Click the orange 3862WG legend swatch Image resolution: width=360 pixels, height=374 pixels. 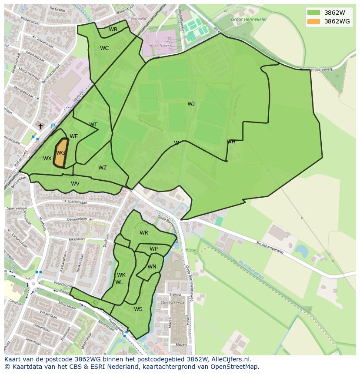pyautogui.click(x=313, y=21)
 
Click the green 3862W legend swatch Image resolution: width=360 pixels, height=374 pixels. pyautogui.click(x=313, y=12)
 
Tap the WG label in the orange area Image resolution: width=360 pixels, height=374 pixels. pyautogui.click(x=61, y=153)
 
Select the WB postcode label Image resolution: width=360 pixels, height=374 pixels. pyautogui.click(x=113, y=30)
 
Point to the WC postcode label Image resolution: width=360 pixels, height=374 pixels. pyautogui.click(x=104, y=48)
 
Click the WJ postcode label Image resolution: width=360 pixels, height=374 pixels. pyautogui.click(x=191, y=103)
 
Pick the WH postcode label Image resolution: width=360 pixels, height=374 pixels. pyautogui.click(x=231, y=142)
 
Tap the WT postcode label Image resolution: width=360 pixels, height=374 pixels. pyautogui.click(x=93, y=125)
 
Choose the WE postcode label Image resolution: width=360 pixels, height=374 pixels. pyautogui.click(x=74, y=136)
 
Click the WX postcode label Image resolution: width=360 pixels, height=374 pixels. pyautogui.click(x=47, y=159)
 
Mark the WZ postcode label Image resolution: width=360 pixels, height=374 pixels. pyautogui.click(x=103, y=168)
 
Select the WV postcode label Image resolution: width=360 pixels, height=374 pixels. pyautogui.click(x=75, y=184)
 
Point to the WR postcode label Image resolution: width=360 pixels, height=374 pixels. pyautogui.click(x=144, y=233)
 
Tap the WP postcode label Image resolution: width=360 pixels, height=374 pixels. pyautogui.click(x=153, y=249)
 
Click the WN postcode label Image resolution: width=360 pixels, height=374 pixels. pyautogui.click(x=152, y=267)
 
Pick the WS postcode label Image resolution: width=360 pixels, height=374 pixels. pyautogui.click(x=138, y=309)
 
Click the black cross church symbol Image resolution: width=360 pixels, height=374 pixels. pyautogui.click(x=40, y=126)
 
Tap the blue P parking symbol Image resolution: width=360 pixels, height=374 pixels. pyautogui.click(x=53, y=126)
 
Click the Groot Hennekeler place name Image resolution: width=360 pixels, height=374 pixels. pyautogui.click(x=249, y=20)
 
